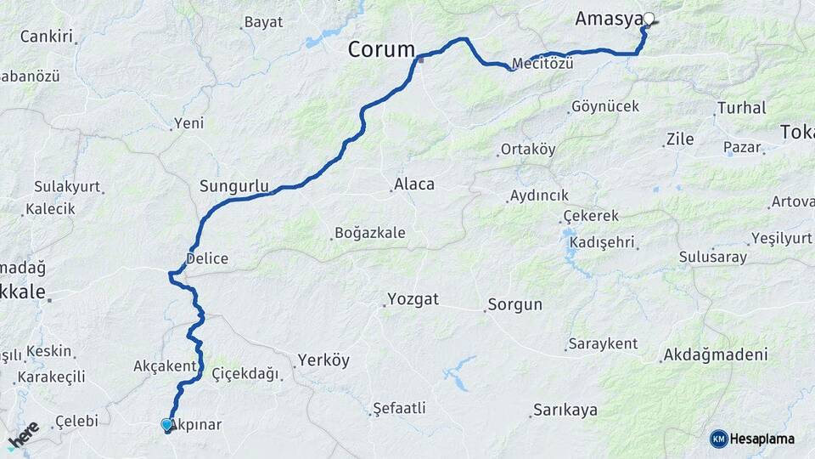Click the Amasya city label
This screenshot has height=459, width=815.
pyautogui.click(x=608, y=19)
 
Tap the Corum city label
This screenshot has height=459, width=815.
pyautogui.click(x=381, y=50)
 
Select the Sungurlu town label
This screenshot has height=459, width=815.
pyautogui.click(x=234, y=185)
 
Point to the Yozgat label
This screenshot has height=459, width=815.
pyautogui.click(x=413, y=298)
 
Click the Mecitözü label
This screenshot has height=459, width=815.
pyautogui.click(x=542, y=64)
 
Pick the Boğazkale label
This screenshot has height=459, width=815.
pyautogui.click(x=370, y=232)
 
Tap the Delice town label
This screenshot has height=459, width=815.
pyautogui.click(x=207, y=258)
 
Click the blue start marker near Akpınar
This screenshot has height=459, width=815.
pyautogui.click(x=167, y=424)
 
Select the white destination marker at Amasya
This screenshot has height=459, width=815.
pyautogui.click(x=649, y=19)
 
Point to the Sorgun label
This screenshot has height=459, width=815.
pyautogui.click(x=515, y=304)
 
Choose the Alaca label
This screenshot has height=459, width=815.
pyautogui.click(x=414, y=184)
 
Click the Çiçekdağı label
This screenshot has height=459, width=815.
pyautogui.click(x=245, y=373)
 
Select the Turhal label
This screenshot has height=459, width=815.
pyautogui.click(x=742, y=108)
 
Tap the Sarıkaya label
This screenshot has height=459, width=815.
pyautogui.click(x=565, y=410)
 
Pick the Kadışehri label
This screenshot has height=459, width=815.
pyautogui.click(x=603, y=242)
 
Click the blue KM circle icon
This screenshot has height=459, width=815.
pyautogui.click(x=719, y=439)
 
